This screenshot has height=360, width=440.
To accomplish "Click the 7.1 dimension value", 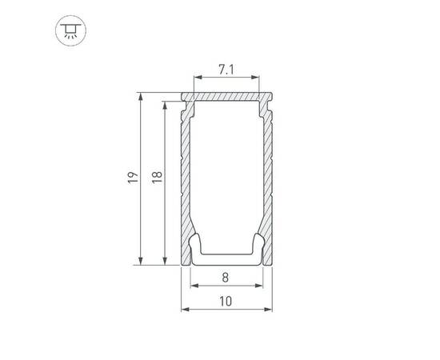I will [x=226, y=70].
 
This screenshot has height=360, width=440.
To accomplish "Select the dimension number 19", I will [x=133, y=178].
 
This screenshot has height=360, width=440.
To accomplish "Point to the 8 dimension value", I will [x=226, y=278].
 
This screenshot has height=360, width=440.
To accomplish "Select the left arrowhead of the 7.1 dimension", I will [x=196, y=78].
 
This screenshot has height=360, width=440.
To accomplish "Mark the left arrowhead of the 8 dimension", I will [x=193, y=286].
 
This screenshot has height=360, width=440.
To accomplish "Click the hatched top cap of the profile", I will [x=226, y=96].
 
